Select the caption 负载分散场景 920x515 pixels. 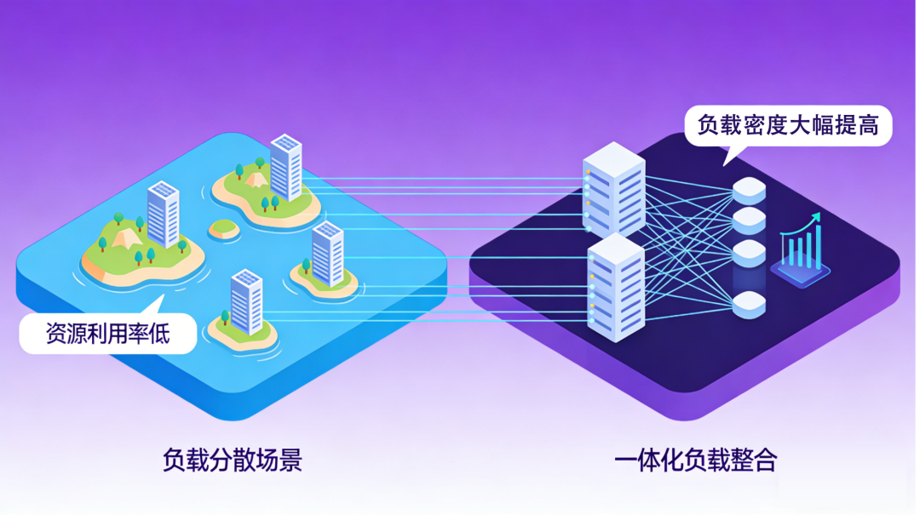pyautogui.click(x=232, y=461)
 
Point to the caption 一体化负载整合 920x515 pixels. pyautogui.click(x=696, y=461)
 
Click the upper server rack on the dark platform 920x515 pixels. pyautogui.click(x=614, y=189)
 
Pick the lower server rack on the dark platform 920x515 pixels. pyautogui.click(x=616, y=287)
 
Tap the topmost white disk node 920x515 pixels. pyautogui.click(x=749, y=190)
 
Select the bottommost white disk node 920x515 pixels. pyautogui.click(x=749, y=304)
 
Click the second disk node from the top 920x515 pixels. pyautogui.click(x=749, y=220)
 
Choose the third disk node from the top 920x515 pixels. pyautogui.click(x=749, y=252)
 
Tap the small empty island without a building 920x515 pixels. pyautogui.click(x=224, y=228)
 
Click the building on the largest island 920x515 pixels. pyautogui.click(x=163, y=214)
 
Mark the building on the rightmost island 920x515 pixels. pyautogui.click(x=328, y=254)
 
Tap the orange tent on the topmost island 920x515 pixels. pyautogui.click(x=255, y=178)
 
